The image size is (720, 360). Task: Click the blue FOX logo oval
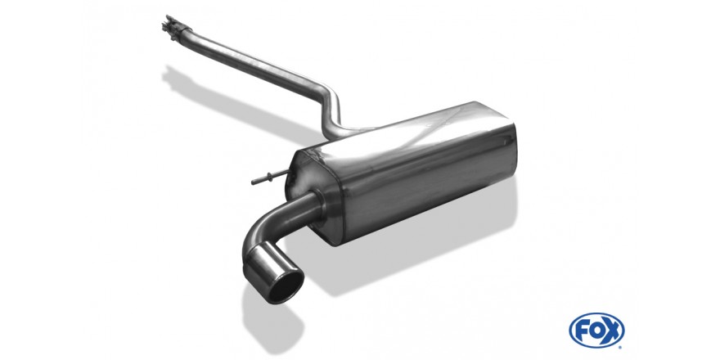(596, 331)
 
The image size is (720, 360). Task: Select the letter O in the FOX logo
(596, 331)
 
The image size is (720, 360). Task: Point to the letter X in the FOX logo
(611, 331)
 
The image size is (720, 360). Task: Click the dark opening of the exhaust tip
(286, 286)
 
